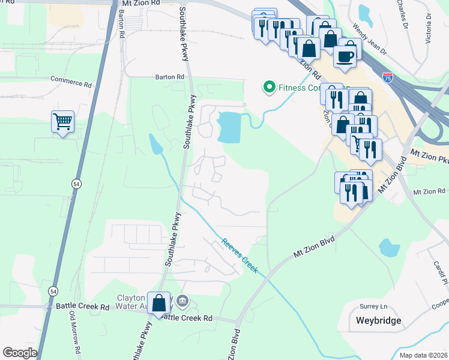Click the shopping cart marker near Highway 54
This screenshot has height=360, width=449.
[x=62, y=122]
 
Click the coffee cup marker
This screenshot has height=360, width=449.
[x=345, y=56]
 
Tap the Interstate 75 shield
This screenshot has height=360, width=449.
[x=388, y=77]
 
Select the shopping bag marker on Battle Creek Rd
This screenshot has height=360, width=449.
[x=159, y=304]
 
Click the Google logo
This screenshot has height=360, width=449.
[x=20, y=352]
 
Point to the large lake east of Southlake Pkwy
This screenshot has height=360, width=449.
[x=229, y=127]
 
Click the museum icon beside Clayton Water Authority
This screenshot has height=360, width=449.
[x=184, y=300]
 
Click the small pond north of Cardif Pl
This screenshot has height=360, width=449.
[x=389, y=247]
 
